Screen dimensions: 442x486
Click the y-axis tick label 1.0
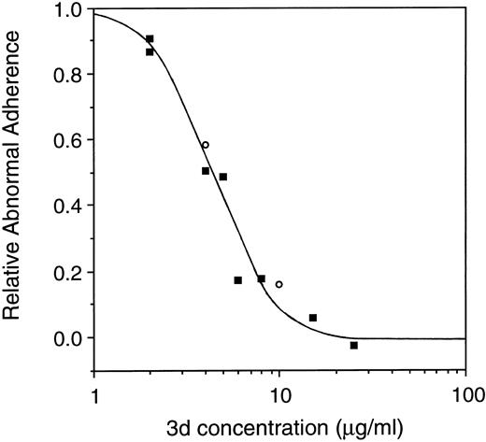pos(67,10)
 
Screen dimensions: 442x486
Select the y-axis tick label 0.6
pos(67,140)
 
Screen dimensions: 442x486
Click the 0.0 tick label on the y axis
pos(67,337)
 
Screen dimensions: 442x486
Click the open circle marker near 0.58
pos(205,145)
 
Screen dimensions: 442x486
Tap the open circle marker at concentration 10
pos(279,284)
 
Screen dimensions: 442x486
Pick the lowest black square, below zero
pos(353,345)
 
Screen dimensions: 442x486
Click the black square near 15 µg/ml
pos(312,318)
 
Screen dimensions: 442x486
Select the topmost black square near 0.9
pos(150,39)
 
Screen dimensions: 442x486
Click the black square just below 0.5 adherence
pos(222,177)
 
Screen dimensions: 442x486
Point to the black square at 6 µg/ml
pos(237,279)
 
